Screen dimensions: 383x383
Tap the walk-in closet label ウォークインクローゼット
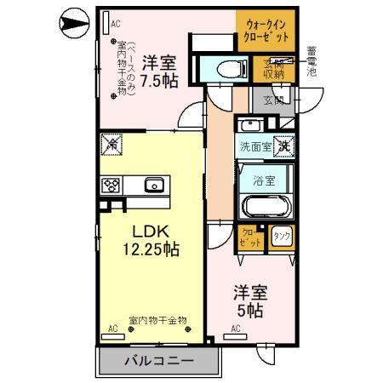click(267, 31)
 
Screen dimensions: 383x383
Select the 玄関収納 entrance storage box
click(273, 70)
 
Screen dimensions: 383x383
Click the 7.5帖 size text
click(159, 83)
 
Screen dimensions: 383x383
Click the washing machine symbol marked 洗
click(283, 146)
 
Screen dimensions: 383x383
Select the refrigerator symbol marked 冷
click(111, 146)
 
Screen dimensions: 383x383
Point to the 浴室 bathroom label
click(263, 180)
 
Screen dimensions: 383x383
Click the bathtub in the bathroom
click(267, 206)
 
